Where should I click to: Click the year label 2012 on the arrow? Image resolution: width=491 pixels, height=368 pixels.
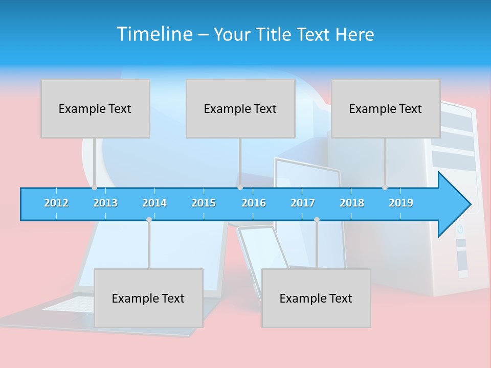56,203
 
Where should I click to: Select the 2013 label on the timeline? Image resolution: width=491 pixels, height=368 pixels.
105,203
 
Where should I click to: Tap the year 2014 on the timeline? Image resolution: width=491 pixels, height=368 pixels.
154,203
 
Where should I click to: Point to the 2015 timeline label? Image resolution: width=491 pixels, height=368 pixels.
204,203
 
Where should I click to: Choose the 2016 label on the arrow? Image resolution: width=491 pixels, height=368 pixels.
254,203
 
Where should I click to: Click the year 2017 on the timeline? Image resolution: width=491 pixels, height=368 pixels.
303,203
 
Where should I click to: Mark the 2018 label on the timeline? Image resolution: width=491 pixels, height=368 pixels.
352,203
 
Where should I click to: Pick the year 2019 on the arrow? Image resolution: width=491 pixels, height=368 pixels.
401,203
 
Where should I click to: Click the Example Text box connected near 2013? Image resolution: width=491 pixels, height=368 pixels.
95,108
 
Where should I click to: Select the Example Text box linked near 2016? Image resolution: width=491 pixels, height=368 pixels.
240,108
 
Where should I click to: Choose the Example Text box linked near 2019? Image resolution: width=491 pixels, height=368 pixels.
386,108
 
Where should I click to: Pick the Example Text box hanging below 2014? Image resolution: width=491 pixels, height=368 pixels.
148,298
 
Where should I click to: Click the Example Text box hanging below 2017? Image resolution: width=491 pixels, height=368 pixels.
316,298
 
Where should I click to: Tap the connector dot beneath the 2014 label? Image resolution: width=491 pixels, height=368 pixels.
149,219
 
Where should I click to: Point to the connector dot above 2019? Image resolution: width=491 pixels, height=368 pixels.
385,187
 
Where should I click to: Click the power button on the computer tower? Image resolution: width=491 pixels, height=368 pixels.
460,229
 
